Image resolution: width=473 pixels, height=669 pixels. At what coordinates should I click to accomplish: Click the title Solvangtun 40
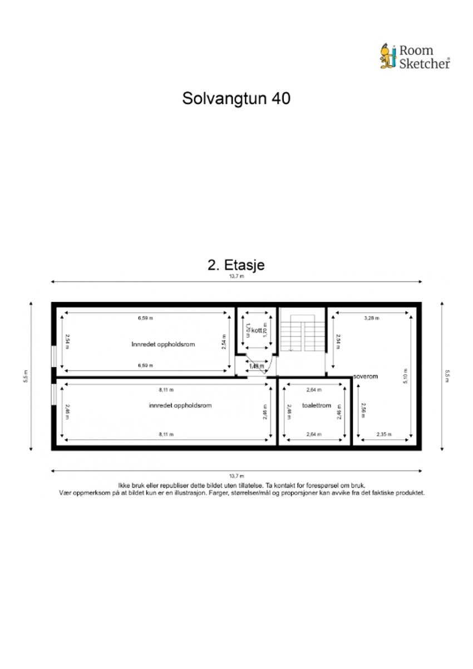pos(236,98)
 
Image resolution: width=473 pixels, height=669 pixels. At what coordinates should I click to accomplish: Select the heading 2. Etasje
pos(236,265)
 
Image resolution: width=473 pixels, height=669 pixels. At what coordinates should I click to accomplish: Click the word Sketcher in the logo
pos(425,63)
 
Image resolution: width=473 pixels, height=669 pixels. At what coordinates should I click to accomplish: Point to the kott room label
pos(256,331)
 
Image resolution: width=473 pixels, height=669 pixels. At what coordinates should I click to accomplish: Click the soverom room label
pos(365,376)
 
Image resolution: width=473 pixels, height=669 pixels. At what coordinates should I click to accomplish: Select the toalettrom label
pos(317,405)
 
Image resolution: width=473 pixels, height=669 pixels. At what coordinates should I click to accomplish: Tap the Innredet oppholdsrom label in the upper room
pos(163,344)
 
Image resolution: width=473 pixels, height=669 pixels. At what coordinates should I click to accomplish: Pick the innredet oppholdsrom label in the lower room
pos(180,405)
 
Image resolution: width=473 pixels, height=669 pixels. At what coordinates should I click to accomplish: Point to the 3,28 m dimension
pos(371,319)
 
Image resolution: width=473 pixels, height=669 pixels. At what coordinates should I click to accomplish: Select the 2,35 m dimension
pos(384,434)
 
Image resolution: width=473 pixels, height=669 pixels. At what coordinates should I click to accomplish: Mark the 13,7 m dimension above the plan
pos(236,276)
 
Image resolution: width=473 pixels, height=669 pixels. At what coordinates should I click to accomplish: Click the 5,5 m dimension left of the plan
pos(26,376)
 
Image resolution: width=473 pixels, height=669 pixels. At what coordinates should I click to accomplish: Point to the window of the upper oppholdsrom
pos(53,356)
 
